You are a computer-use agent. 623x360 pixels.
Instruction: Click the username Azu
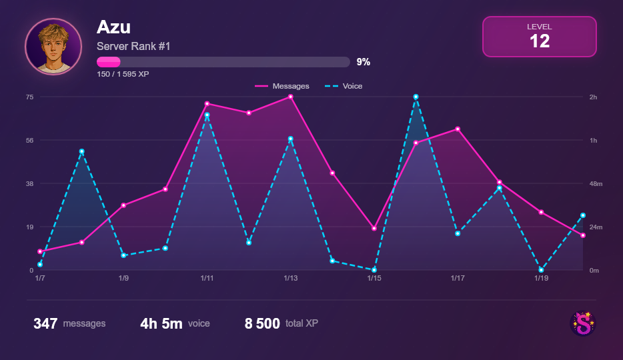[113, 27]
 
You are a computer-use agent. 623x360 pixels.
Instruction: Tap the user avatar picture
[53, 47]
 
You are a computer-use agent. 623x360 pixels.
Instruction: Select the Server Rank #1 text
[133, 46]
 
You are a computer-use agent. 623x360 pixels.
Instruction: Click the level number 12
[539, 41]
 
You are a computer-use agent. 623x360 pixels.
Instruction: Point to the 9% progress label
[363, 62]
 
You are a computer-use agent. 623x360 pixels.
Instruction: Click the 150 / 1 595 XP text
[123, 74]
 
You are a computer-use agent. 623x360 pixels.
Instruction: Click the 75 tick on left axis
[29, 97]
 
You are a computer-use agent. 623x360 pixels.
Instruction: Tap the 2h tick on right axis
[593, 97]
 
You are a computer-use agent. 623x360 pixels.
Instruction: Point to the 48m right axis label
[596, 183]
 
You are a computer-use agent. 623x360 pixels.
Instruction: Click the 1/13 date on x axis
[291, 278]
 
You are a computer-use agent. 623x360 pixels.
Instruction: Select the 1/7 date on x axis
[40, 278]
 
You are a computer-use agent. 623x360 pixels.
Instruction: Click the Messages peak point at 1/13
[291, 97]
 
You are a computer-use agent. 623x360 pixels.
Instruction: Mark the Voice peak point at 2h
[416, 97]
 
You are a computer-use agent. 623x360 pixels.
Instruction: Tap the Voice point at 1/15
[374, 270]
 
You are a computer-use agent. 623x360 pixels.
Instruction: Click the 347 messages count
[45, 324]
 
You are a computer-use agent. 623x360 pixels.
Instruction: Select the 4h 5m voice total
[161, 324]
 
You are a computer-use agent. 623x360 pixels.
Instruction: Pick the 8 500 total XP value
[262, 324]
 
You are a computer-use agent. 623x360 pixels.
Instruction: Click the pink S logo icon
[583, 324]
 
